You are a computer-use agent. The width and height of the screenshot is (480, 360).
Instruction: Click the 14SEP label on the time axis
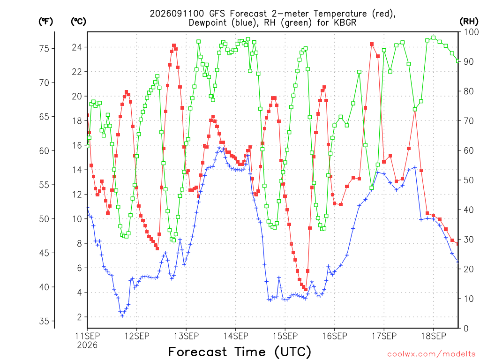pos(235,336)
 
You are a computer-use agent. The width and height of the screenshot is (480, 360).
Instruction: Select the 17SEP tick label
pos(384,336)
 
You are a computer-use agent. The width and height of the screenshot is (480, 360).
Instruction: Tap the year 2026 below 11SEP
pos(87,345)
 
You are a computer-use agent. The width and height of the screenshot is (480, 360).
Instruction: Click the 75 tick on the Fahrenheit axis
pos(45,48)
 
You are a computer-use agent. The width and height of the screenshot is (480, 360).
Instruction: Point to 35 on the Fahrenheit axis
pos(45,321)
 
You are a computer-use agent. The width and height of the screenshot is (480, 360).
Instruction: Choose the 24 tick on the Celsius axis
pos(77,47)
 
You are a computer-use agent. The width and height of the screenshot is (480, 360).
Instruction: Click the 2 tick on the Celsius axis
pos(79,317)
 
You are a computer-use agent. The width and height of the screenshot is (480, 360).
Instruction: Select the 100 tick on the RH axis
pos(472,32)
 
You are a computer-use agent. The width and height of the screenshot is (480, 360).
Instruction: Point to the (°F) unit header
pos(45,22)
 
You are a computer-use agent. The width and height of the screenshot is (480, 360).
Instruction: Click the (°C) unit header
pos(78,22)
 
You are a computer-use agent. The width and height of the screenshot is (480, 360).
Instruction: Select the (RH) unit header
pos(469,22)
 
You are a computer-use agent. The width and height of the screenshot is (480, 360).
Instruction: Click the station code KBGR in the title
pos(345,22)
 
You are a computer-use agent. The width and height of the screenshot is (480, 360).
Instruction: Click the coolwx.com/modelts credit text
pos(431,354)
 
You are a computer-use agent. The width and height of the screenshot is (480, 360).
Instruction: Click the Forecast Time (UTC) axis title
pos(240,352)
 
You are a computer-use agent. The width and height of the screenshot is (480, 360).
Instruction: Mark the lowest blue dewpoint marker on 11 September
pos(122,315)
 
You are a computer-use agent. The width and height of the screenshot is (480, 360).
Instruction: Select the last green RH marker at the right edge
pos(458,61)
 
